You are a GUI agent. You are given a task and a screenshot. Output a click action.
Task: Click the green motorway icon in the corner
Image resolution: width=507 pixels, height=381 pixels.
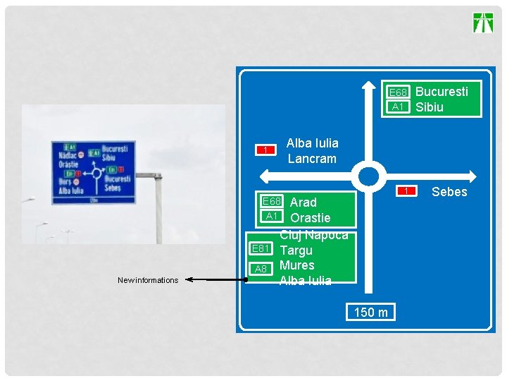pos(483,23)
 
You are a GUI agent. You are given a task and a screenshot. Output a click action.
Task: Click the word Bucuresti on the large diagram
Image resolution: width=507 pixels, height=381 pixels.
pos(442,91)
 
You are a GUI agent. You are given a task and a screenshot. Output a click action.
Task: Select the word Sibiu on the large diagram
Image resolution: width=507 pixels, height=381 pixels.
pos(430,107)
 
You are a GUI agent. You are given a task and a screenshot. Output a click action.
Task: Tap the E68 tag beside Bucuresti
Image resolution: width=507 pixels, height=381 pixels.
pos(399,92)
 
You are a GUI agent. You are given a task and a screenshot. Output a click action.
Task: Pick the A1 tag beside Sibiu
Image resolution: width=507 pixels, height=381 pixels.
pos(399,107)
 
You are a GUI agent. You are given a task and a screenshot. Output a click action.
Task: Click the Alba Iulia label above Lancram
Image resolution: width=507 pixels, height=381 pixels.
pos(312,143)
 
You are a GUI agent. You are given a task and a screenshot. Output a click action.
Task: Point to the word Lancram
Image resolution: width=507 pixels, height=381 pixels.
pos(312,159)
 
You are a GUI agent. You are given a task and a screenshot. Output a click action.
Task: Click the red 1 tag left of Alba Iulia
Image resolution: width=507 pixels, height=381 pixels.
pos(265,150)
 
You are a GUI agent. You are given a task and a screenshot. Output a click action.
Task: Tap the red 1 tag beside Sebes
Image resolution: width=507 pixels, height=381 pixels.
pos(406,191)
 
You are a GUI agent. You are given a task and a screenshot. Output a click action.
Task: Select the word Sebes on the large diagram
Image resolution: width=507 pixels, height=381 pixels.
pos(449,192)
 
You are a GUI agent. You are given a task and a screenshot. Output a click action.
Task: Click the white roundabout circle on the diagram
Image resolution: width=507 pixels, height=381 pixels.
pos(368,176)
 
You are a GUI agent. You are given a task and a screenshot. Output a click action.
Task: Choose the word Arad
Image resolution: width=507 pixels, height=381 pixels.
pos(303,202)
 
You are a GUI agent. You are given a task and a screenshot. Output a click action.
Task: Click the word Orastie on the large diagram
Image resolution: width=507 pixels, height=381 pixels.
pos(310,217)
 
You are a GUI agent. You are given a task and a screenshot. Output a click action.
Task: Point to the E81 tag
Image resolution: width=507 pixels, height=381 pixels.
pos(261,248)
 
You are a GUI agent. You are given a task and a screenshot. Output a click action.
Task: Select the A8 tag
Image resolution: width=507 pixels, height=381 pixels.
pos(261,269)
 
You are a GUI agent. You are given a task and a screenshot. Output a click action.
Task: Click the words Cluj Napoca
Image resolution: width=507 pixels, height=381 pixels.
pos(314,235)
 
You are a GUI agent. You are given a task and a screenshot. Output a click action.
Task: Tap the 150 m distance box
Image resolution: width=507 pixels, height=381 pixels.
pos(370,312)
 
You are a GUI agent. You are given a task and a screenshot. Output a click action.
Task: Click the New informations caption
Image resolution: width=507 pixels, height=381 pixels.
pos(148,280)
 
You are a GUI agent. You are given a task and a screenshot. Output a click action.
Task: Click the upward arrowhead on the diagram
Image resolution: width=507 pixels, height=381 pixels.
pos(368,85)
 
